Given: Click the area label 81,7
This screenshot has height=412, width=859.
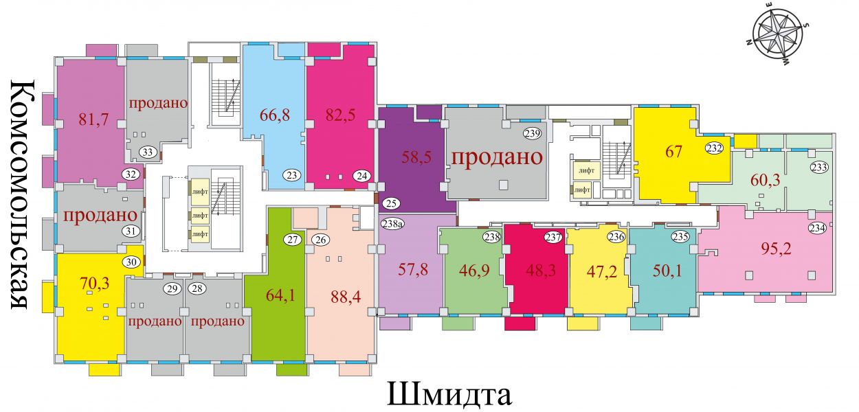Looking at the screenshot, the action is click(x=93, y=119).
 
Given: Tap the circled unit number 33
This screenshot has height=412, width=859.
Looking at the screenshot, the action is click(x=148, y=152).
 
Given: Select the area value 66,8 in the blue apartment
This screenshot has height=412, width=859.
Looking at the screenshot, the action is click(x=275, y=115).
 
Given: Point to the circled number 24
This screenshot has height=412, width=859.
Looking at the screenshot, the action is click(x=362, y=176).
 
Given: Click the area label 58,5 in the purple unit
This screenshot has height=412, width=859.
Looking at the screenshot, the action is click(x=416, y=157).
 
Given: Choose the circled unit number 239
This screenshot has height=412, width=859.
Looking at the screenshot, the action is click(x=533, y=133).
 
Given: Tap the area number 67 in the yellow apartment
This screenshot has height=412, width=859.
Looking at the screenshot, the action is click(x=673, y=151).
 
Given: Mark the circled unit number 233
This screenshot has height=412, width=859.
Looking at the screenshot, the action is click(x=819, y=167).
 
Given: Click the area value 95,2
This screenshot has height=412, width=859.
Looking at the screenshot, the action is click(x=776, y=249).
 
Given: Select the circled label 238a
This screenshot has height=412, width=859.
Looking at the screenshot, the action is click(x=392, y=223).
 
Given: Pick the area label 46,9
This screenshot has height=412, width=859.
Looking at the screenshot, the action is click(x=474, y=271).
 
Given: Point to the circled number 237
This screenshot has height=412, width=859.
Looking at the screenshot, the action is click(x=553, y=237).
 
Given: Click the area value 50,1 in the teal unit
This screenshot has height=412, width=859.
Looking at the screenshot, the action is click(x=667, y=271).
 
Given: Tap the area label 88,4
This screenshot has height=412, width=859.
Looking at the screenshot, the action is click(x=346, y=297).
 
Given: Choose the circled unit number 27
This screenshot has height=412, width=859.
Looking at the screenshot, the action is click(x=293, y=240).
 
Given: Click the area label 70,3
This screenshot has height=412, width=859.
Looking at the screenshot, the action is click(x=94, y=284).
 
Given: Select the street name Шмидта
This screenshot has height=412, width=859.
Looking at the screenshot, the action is click(x=449, y=395).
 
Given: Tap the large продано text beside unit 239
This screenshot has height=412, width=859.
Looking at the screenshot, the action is click(x=498, y=157).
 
